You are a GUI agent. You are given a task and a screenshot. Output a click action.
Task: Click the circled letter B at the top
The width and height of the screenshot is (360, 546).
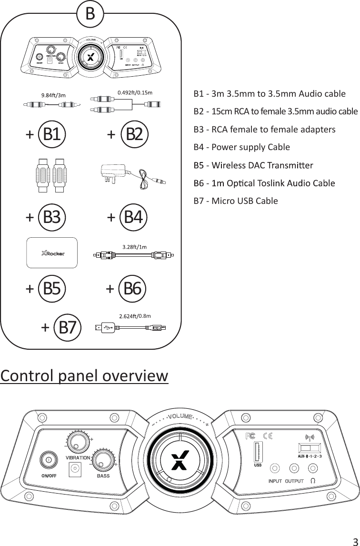click(x=90, y=14)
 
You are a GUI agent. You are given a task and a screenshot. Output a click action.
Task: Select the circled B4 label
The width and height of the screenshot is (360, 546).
click(x=133, y=217)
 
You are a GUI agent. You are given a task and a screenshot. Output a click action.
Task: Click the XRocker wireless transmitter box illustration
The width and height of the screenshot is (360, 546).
click(x=51, y=253)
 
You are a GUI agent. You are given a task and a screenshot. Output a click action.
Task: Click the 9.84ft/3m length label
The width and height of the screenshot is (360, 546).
click(x=53, y=95)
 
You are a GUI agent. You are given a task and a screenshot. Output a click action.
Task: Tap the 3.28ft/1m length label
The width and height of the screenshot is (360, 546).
click(x=134, y=247)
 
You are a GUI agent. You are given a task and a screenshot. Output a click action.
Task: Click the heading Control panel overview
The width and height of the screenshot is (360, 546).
click(x=85, y=376)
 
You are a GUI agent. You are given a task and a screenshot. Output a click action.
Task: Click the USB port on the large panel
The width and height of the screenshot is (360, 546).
click(x=258, y=451)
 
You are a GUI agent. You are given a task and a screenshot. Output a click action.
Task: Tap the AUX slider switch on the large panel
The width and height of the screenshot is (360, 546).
click(x=310, y=448)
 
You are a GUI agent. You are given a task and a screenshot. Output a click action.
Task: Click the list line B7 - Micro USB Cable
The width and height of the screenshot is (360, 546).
click(x=236, y=201)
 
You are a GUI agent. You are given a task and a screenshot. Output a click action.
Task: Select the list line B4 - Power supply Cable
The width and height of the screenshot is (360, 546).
click(x=241, y=147)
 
